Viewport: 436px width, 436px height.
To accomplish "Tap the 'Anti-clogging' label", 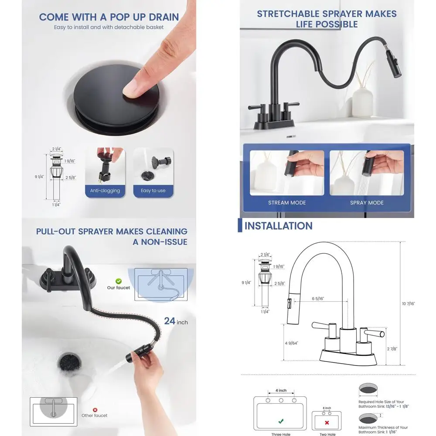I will pyautogui.click(x=105, y=191).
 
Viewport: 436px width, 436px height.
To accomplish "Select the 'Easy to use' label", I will pyautogui.click(x=153, y=191).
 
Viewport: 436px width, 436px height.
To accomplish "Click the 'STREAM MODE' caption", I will pyautogui.click(x=287, y=203).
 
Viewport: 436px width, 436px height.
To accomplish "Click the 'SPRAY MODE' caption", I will pyautogui.click(x=367, y=203).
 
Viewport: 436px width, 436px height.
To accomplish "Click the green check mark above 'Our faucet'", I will pyautogui.click(x=118, y=282).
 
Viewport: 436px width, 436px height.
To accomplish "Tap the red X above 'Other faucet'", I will pyautogui.click(x=95, y=409).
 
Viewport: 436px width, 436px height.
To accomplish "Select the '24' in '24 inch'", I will pyautogui.click(x=170, y=321).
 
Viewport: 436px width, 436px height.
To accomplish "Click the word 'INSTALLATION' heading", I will pyautogui.click(x=278, y=226).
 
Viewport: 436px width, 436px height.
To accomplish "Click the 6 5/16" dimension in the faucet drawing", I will pyautogui.click(x=317, y=298).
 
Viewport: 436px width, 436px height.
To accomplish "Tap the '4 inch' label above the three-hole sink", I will pyautogui.click(x=281, y=390).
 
